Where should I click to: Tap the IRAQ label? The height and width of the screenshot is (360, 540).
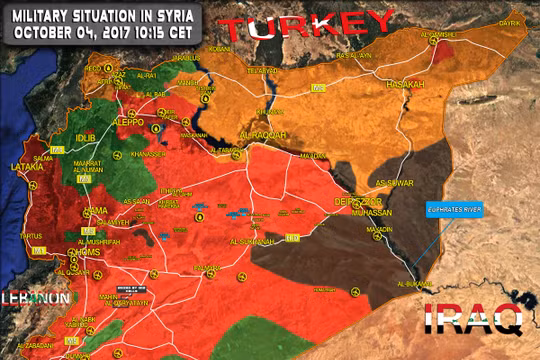tap(473, 320)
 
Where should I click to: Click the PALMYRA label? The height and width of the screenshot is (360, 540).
tap(206, 268)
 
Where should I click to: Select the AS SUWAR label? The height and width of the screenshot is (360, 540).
tap(391, 183)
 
